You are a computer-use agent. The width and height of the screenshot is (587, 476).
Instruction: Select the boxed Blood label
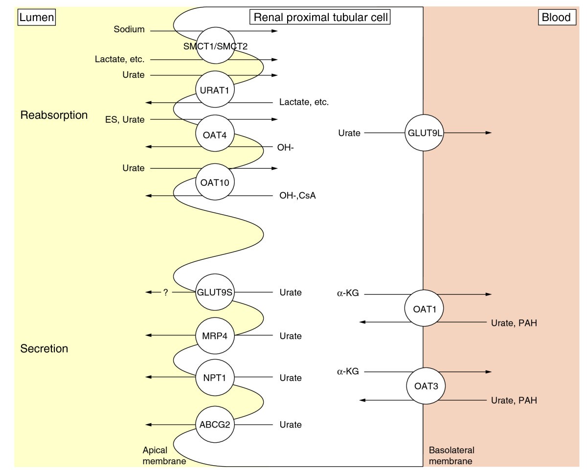(556, 18)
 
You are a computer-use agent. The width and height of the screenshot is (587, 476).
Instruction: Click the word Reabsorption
(54, 115)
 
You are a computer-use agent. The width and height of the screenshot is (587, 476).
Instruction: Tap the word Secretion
(44, 349)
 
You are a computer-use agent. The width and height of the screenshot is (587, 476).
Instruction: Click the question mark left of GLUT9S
(165, 293)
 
